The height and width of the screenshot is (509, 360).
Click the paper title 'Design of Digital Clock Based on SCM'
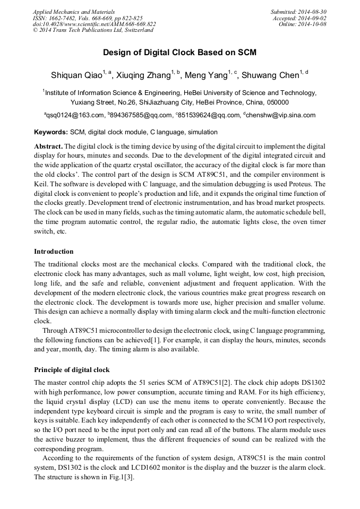[x=179, y=53]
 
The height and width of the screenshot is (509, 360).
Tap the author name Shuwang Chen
[x=271, y=75]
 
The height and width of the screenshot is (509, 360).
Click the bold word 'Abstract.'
[x=48, y=146]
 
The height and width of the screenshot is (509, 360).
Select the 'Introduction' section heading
[x=54, y=252]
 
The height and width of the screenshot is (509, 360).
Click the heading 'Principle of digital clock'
[x=72, y=369]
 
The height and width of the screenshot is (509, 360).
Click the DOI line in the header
[x=94, y=24]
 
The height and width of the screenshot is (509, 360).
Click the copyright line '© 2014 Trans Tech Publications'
[x=93, y=30]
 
